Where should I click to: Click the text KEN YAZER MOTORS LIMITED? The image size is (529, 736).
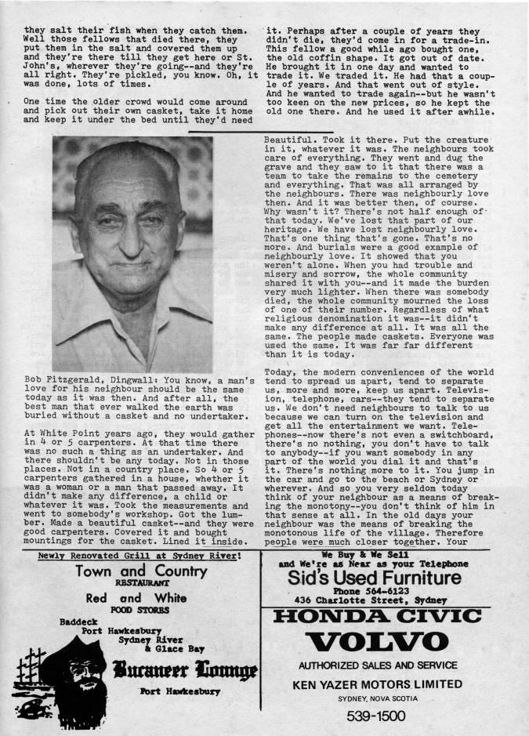pyautogui.click(x=389, y=682)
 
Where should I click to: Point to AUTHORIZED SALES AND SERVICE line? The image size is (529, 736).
pyautogui.click(x=389, y=666)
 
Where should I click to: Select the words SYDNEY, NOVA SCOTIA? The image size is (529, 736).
pyautogui.click(x=389, y=696)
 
